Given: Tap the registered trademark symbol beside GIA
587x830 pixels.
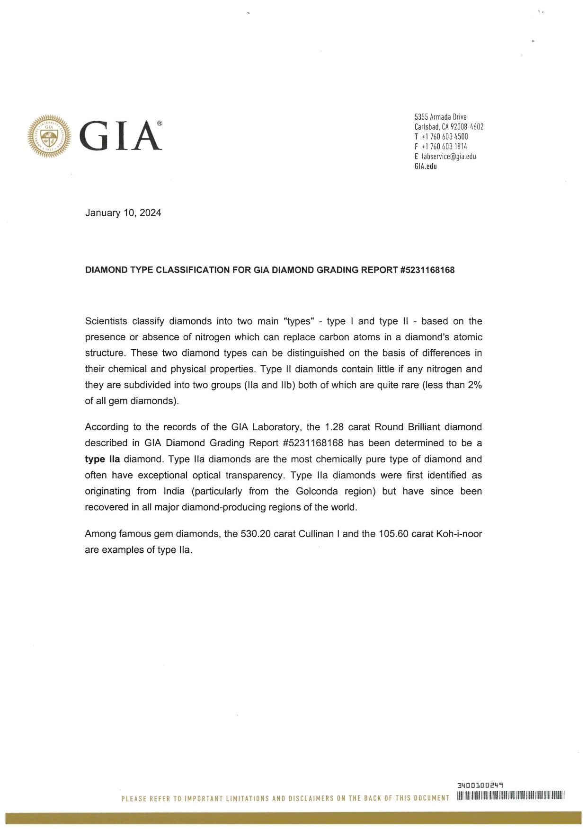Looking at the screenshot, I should point(160,123).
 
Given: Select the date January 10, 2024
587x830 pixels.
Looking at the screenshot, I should point(123,213).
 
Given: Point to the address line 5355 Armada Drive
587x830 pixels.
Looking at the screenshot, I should point(440,117).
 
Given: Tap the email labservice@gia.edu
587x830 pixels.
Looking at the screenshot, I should point(448,157).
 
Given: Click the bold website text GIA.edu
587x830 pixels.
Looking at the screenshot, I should point(426,167).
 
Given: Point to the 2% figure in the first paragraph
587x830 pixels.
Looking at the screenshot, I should point(474,385).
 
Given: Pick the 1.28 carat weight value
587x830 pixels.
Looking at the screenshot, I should point(334,427).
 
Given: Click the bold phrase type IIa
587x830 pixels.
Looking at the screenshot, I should point(102,459).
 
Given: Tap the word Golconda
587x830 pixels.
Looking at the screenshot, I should point(317,491).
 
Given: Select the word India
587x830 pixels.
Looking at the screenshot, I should point(174,491).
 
